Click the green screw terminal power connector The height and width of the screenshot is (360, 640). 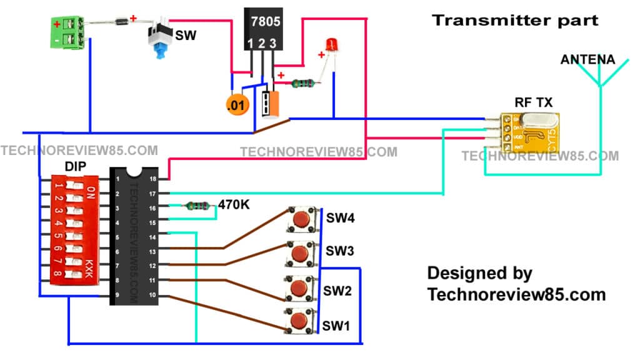[67, 33]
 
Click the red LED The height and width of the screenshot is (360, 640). [331, 45]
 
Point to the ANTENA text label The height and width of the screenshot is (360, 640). [587, 60]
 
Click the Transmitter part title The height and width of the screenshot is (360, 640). [515, 20]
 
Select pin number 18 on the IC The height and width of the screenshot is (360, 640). [152, 179]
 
